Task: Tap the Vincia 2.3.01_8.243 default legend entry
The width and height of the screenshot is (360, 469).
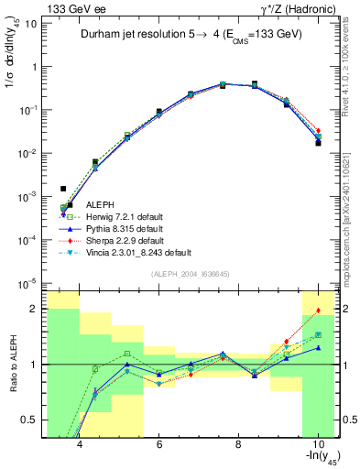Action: click(137, 252)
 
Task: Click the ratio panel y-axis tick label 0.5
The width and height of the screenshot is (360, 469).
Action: click(31, 420)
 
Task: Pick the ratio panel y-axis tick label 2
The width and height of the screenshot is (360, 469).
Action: click(35, 309)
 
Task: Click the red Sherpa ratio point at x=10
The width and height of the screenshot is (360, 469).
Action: click(318, 311)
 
